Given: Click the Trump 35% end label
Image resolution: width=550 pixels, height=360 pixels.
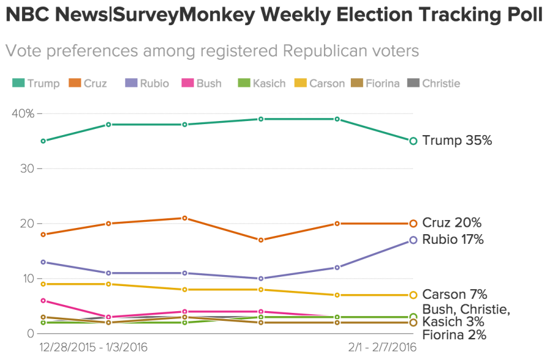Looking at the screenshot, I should point(457,141).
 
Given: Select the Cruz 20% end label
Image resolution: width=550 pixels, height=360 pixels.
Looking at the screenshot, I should point(452,223).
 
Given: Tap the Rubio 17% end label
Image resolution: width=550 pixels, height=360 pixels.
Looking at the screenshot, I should point(453,240).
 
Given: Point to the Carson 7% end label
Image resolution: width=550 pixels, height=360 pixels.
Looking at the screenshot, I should point(455,295).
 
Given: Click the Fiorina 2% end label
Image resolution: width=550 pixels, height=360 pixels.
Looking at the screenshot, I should point(454,334).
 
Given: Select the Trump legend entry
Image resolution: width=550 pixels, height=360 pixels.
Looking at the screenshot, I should point(36,83).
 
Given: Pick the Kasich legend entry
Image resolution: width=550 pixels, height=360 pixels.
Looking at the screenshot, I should point(262,83).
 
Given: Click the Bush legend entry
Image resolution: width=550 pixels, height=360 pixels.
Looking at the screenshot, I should point(202,83).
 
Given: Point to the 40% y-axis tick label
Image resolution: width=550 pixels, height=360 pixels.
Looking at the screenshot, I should point(23,113).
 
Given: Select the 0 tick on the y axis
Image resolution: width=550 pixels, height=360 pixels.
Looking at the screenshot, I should point(29,333).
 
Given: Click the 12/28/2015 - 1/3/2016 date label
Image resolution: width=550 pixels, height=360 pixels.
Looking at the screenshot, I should point(94,347).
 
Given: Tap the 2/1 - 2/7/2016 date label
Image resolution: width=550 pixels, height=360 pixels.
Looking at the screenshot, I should point(382,347).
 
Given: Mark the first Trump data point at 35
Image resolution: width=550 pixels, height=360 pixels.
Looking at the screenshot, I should point(43,141).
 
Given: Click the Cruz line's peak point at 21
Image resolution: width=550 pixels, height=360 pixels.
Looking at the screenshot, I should point(185,218).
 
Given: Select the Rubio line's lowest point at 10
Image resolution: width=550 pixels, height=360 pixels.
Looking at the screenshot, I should point(261,278).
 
